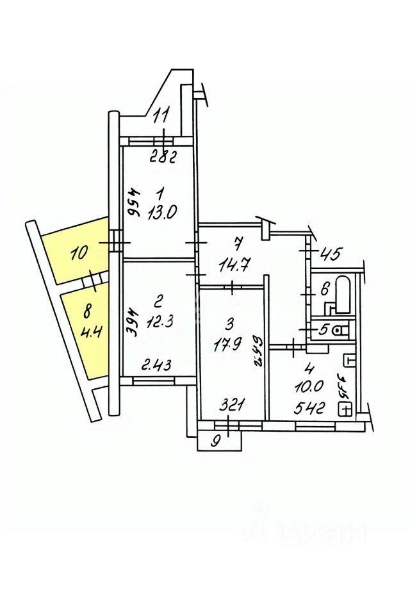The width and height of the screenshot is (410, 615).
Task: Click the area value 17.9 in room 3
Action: (x=227, y=348)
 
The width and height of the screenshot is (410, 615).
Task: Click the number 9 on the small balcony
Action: (x=215, y=441)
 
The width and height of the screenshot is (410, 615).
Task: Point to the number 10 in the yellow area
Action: (x=79, y=254)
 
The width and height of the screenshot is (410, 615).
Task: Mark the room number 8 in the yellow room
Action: (x=88, y=313)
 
